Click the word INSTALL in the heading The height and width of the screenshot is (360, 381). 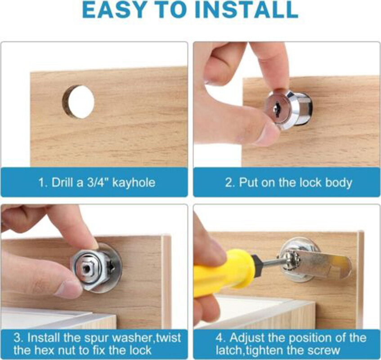247,10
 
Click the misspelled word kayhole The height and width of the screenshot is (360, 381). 134,183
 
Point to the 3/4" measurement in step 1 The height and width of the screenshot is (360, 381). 97,182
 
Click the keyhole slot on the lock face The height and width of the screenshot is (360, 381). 277,108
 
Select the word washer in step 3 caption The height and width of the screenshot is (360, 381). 134,338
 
